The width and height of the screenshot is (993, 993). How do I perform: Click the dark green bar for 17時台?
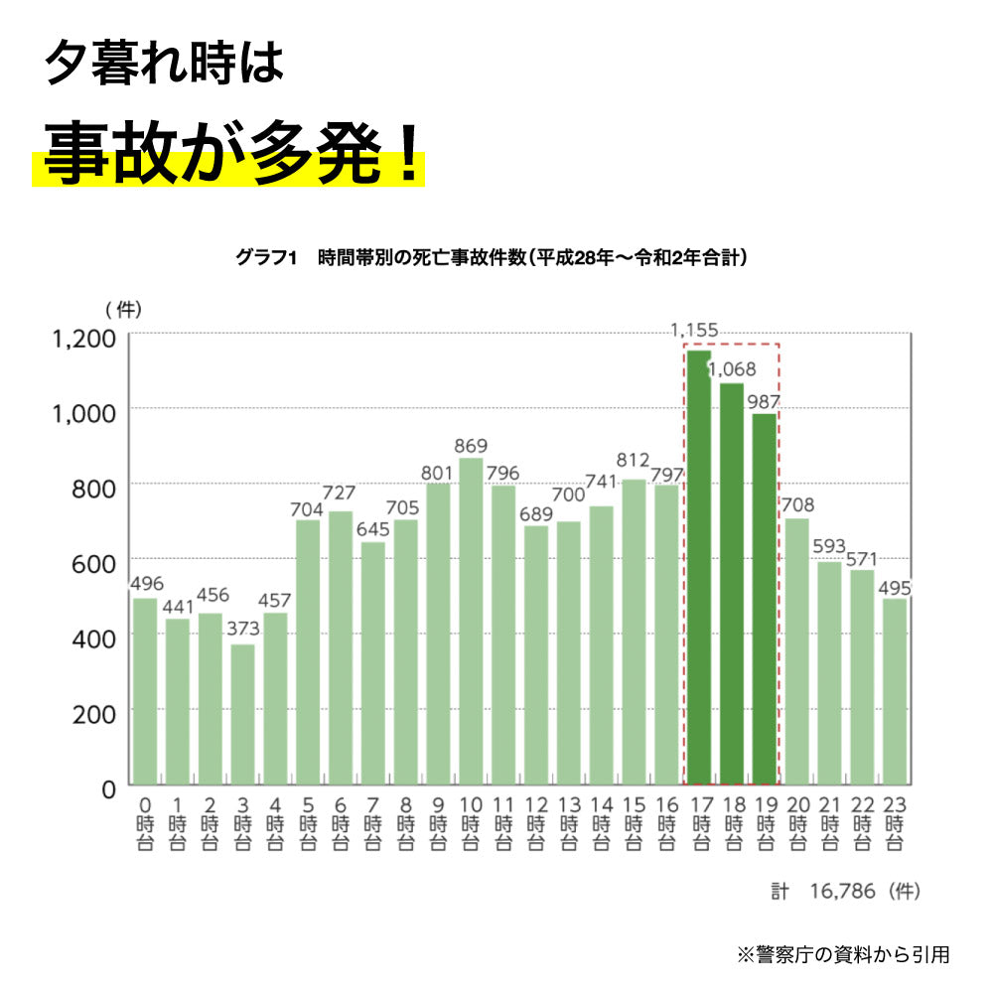pyautogui.click(x=699, y=566)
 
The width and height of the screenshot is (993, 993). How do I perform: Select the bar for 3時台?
pyautogui.click(x=243, y=715)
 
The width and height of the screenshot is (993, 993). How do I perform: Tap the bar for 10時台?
pyautogui.click(x=471, y=621)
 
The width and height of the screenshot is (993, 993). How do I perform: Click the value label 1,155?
pyautogui.click(x=694, y=331)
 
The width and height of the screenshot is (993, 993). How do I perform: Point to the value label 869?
pyautogui.click(x=472, y=446)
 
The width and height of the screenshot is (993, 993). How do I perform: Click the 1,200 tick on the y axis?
pyautogui.click(x=83, y=339)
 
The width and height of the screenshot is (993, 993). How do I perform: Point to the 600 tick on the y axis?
pyautogui.click(x=94, y=563)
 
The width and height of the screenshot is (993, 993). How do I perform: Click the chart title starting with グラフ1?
pyautogui.click(x=492, y=258)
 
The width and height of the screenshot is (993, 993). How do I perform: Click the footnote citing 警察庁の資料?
pyautogui.click(x=843, y=955)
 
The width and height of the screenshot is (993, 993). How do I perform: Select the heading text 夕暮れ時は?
pyautogui.click(x=165, y=64)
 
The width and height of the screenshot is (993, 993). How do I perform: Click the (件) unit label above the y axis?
pyautogui.click(x=123, y=309)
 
